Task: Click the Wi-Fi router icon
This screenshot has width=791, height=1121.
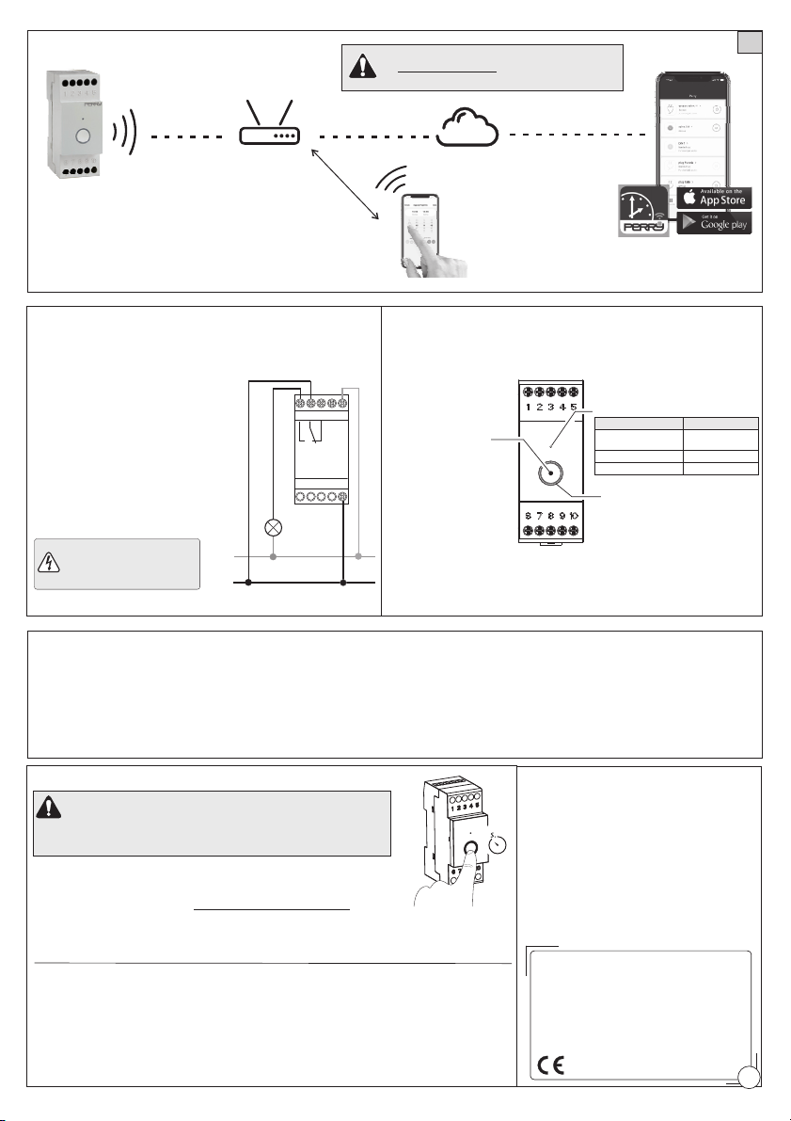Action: coord(269,133)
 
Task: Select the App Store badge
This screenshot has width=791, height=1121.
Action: coord(714,197)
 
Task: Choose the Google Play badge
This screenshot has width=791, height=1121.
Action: coord(714,223)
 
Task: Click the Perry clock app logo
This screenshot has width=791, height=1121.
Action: coord(644,213)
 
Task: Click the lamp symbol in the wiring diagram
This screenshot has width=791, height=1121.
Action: coord(274,527)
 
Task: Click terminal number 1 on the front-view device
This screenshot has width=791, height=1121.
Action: coord(530,408)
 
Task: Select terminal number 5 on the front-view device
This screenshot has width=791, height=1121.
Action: coord(573,408)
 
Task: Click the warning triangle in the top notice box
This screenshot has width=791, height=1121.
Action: coord(360,67)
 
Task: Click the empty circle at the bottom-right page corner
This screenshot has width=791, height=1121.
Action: coord(750,1077)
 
